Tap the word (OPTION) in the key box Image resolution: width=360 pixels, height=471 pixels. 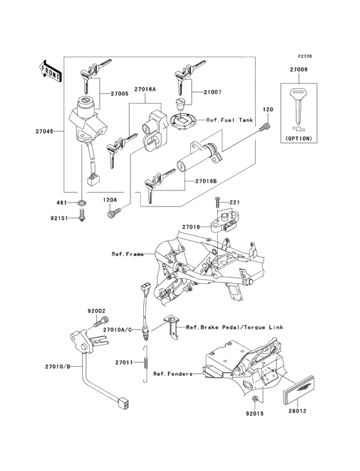pyautogui.click(x=297, y=138)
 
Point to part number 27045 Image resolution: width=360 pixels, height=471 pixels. pyautogui.click(x=46, y=131)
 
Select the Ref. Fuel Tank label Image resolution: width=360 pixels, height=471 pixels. pyautogui.click(x=230, y=120)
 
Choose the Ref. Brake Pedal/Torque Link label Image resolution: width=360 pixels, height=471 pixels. pyautogui.click(x=234, y=328)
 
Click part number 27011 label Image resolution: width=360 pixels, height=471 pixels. pyautogui.click(x=125, y=363)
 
